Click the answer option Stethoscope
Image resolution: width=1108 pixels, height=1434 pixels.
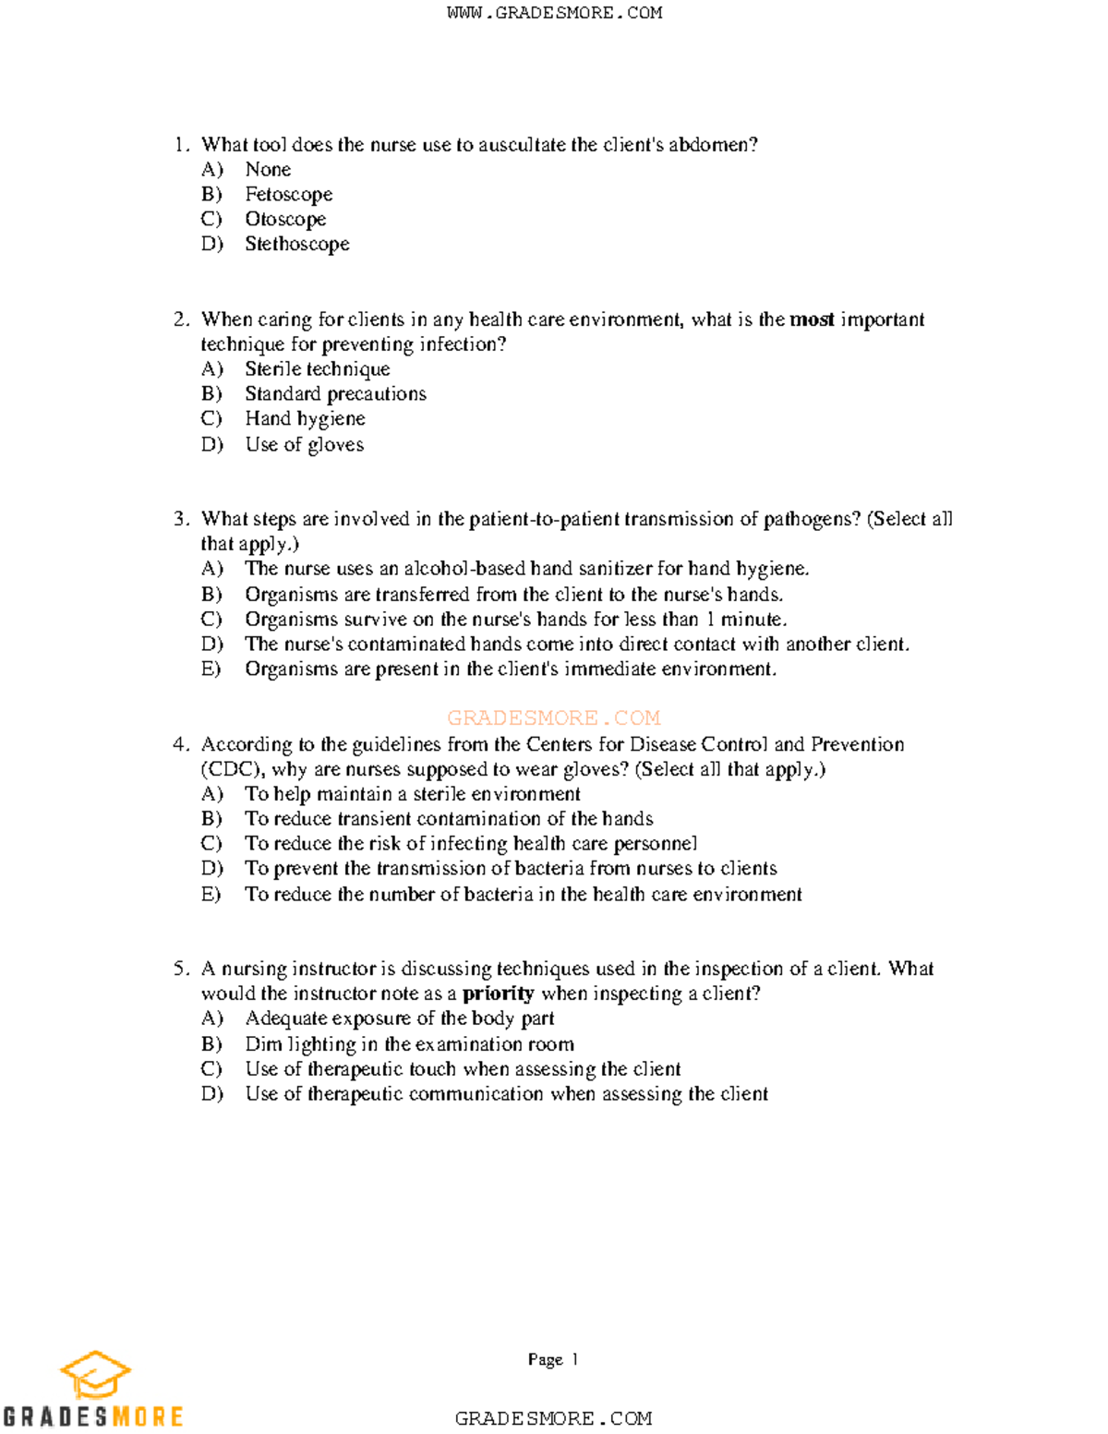click(x=296, y=244)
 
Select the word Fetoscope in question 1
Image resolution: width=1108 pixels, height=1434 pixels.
click(x=288, y=194)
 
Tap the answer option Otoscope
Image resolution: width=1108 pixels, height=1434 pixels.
click(x=285, y=219)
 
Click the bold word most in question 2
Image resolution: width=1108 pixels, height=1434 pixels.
click(x=812, y=319)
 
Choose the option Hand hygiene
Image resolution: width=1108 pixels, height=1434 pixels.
click(x=305, y=419)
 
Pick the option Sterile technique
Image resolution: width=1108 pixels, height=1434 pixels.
click(x=317, y=369)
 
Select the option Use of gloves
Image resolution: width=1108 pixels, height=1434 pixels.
click(x=304, y=445)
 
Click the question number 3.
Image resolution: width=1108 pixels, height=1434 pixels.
click(x=181, y=519)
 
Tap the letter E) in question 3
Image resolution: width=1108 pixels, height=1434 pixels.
click(x=211, y=669)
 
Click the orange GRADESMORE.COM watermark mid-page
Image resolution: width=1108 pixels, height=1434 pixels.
click(x=553, y=717)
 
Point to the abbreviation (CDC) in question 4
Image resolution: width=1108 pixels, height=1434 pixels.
click(x=233, y=769)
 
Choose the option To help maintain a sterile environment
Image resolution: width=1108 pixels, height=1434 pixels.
click(x=412, y=794)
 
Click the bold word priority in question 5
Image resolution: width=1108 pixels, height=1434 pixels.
click(x=498, y=994)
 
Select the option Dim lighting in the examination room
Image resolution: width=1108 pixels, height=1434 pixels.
click(x=409, y=1044)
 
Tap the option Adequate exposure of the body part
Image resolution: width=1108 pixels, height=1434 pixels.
click(x=399, y=1018)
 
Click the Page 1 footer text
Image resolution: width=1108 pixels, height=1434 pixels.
click(x=552, y=1359)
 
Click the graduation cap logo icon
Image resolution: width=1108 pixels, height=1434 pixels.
click(x=95, y=1375)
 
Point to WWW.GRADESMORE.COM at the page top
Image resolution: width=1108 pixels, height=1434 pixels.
click(x=554, y=13)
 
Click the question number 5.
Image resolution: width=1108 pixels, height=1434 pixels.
click(x=181, y=969)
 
